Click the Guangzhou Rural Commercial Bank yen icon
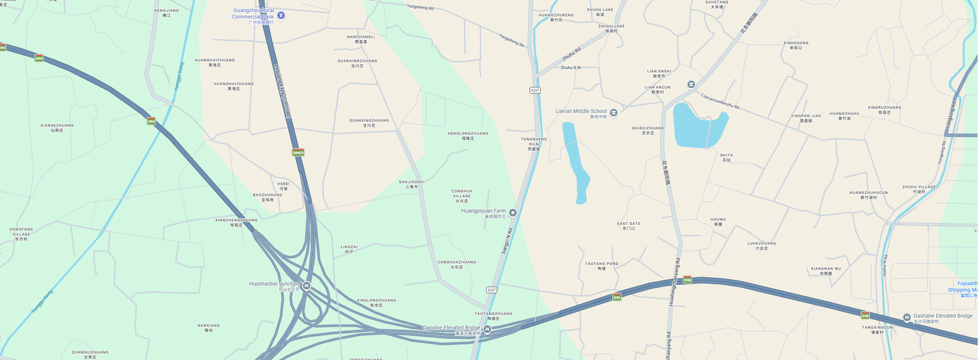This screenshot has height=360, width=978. [x=281, y=15]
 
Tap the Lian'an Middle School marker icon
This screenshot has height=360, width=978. [x=614, y=112]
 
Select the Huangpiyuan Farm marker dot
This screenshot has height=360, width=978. [x=513, y=213]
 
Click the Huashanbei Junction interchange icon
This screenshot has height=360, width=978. [x=307, y=285]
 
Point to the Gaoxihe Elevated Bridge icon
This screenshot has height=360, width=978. [x=487, y=329]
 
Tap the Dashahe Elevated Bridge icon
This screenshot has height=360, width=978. [x=906, y=317]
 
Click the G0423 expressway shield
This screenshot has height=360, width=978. [x=298, y=152]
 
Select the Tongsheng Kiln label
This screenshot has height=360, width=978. [x=534, y=144]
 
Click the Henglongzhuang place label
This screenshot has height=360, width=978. [x=468, y=136]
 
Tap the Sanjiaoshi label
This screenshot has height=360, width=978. [x=411, y=184]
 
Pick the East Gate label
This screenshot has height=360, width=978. [x=628, y=226]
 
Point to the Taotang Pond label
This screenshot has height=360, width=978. [x=601, y=266]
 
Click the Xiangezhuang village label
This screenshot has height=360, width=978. [x=57, y=128]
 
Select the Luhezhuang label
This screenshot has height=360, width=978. [x=761, y=245]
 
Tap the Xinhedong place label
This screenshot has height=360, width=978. [x=796, y=45]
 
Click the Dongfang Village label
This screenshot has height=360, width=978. [x=21, y=234]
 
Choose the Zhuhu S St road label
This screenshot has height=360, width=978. [x=571, y=68]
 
